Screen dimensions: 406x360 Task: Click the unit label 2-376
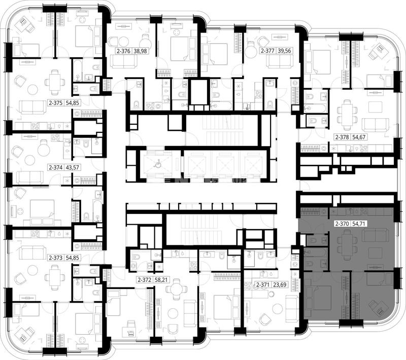coord(123,51)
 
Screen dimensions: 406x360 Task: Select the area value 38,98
coord(140,51)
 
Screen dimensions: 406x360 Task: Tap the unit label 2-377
coord(267,51)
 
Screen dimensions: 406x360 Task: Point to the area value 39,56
coord(284,51)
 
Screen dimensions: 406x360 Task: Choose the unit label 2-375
coord(56,103)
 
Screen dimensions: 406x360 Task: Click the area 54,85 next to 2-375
coord(73,103)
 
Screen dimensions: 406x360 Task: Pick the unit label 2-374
coord(56,168)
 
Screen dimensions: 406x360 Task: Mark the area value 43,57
coord(73,168)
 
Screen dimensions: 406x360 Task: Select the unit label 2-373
coord(56,258)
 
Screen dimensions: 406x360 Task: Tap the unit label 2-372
coord(145,279)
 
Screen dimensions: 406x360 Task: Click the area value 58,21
coord(161,279)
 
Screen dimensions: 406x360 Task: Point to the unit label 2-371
coord(263,285)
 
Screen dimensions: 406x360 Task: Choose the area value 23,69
coord(280,285)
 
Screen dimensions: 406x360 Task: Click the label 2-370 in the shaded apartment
coord(342,224)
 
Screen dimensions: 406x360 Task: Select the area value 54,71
coord(359,224)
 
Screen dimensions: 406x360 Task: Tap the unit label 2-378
coord(342,137)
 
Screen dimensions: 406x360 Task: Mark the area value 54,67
coord(359,137)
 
